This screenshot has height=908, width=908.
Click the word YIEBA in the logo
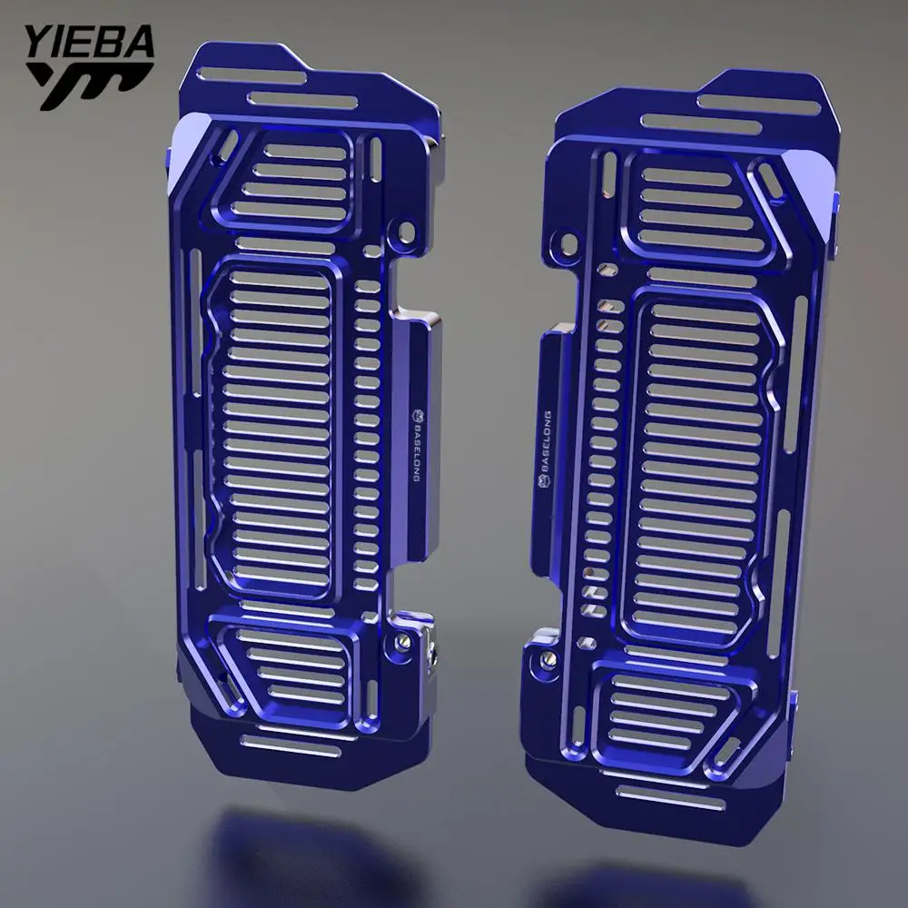pyautogui.click(x=90, y=43)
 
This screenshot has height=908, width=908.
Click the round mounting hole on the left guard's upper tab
pyautogui.click(x=407, y=232)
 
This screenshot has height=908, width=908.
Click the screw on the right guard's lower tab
pyautogui.click(x=548, y=657)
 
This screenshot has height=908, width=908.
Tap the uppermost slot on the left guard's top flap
pyautogui.click(x=251, y=76)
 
